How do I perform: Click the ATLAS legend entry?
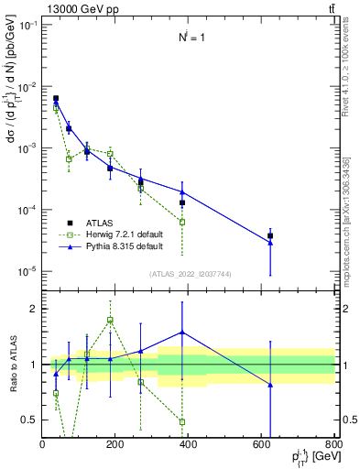(102, 222)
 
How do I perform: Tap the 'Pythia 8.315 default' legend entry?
(124, 246)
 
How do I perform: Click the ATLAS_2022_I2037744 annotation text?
(189, 274)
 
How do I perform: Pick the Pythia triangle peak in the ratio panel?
(182, 333)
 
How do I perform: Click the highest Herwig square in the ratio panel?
(110, 320)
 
